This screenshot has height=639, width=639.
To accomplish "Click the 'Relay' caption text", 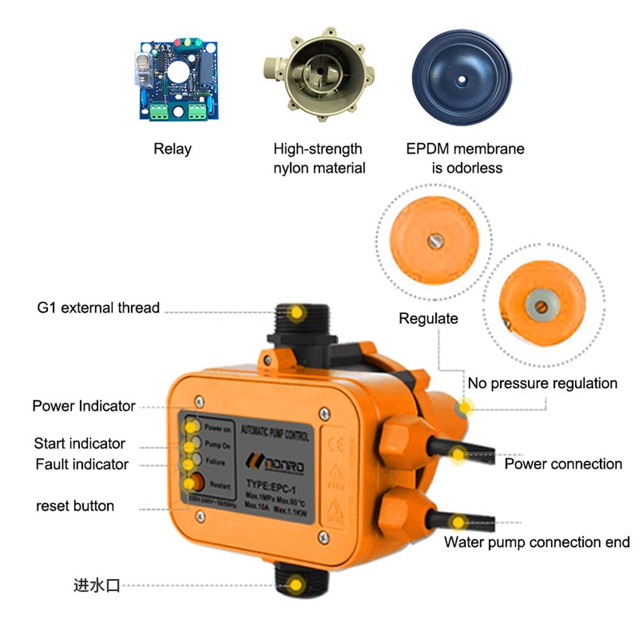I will coord(172,149).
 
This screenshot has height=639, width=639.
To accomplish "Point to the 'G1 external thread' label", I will coord(98,308).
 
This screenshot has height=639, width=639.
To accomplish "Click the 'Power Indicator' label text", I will coord(84,406).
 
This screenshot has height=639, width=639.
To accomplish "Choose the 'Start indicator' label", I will coord(79,444).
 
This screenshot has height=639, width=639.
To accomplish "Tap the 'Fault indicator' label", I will coord(82,464).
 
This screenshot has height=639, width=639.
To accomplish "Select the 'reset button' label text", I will coord(75,506).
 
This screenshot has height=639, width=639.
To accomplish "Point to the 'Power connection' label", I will coord(563,464).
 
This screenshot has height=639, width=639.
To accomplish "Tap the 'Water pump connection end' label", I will coord(537,543).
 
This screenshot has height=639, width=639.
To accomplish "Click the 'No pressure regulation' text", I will coord(543,384).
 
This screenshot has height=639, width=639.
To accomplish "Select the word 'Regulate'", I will coord(428,319).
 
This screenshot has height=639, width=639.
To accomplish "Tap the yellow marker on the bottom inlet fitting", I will coord(296,583).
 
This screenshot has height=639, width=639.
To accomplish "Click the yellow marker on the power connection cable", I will coord(457,455).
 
